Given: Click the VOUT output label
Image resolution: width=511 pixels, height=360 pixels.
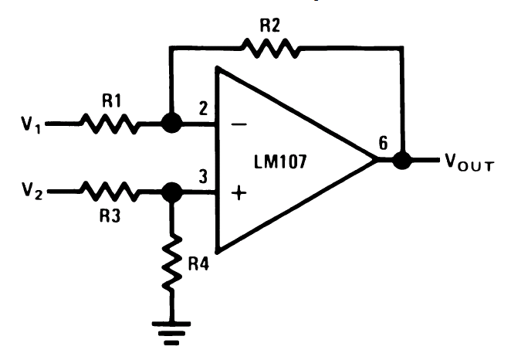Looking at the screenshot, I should coord(469,164).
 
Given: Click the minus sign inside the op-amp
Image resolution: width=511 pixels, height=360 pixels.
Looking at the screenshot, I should coord(239,124).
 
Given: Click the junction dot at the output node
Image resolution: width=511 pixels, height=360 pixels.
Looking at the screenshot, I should coord(401,161).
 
